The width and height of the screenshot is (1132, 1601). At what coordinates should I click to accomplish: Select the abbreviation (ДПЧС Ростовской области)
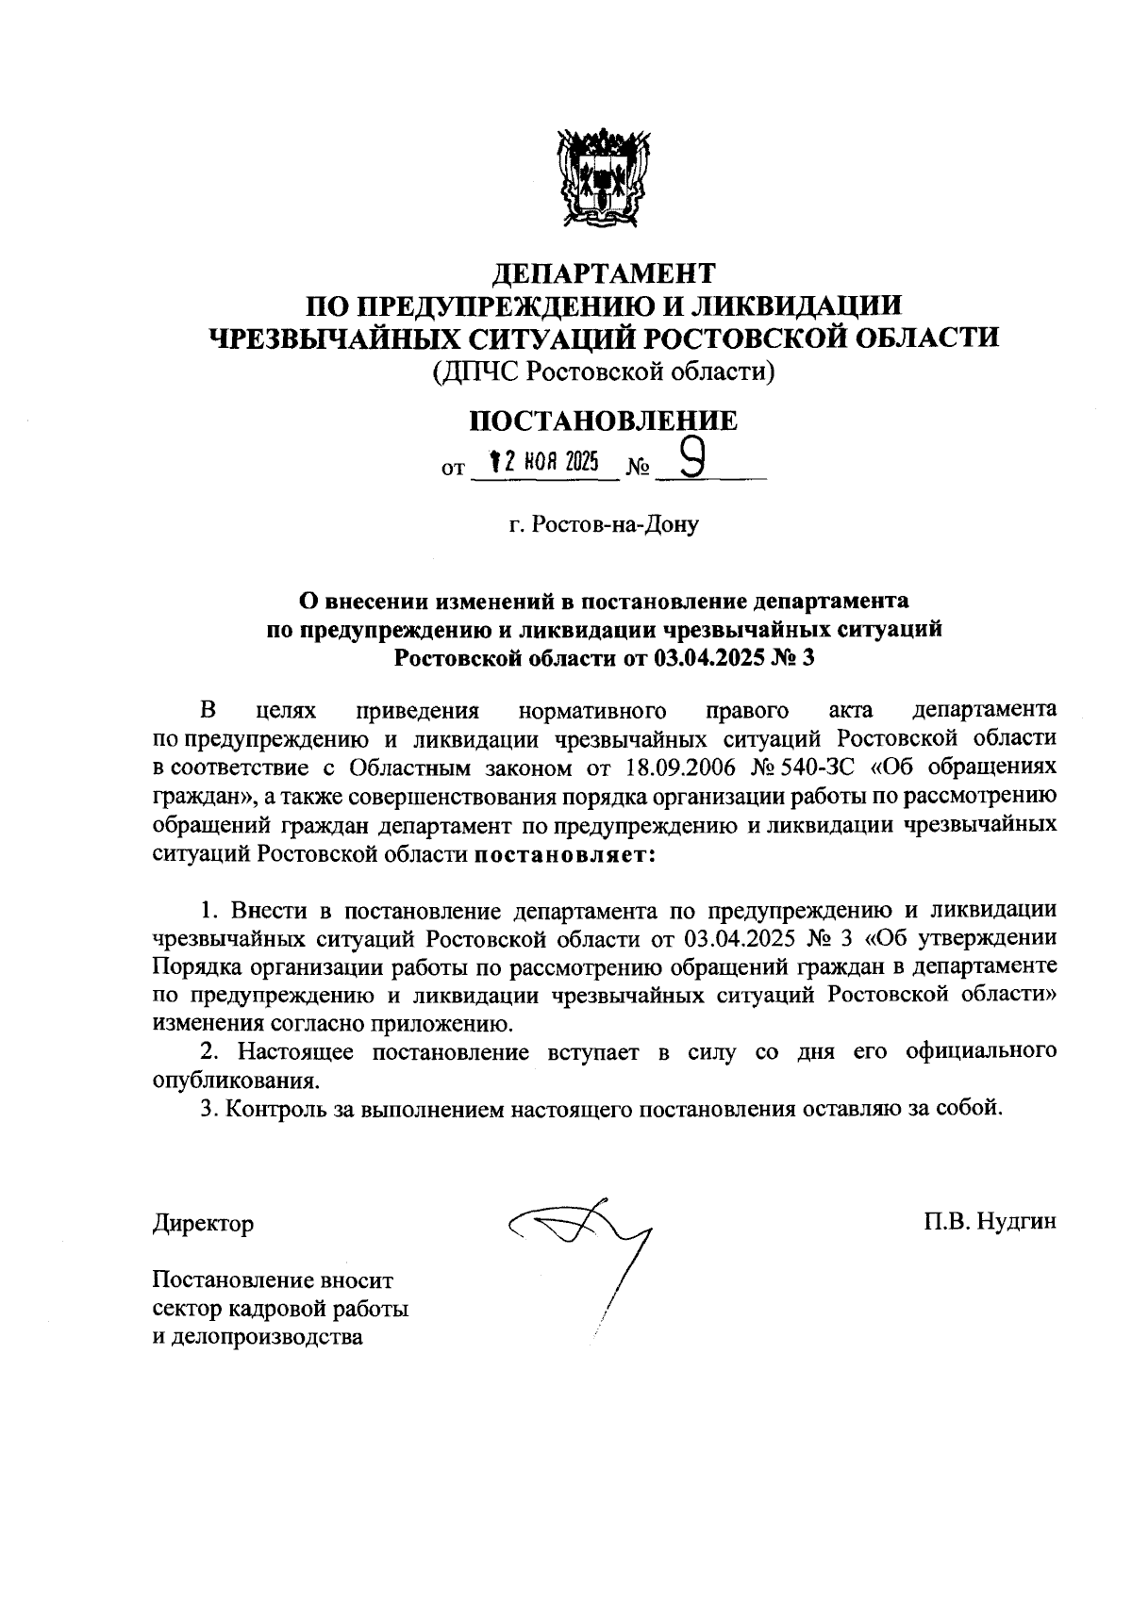[x=604, y=372]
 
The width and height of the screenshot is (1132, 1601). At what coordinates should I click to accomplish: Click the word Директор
[x=203, y=1224]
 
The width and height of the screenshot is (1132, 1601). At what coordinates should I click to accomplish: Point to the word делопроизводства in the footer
[x=258, y=1337]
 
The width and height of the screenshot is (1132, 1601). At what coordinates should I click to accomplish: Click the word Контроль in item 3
[x=275, y=1108]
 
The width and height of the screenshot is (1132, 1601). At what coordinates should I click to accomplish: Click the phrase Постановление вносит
[x=272, y=1280]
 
